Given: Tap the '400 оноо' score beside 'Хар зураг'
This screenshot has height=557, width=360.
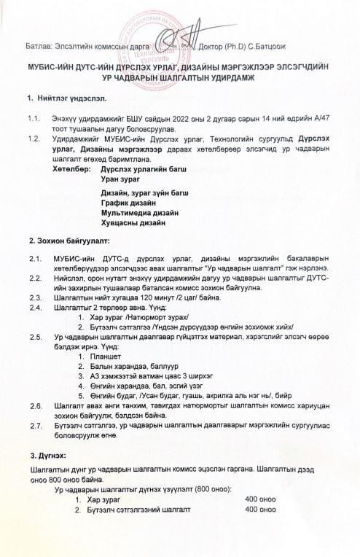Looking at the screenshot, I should (x=261, y=499).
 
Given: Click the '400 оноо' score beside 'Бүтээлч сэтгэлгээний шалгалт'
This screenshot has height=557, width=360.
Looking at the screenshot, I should (x=261, y=510).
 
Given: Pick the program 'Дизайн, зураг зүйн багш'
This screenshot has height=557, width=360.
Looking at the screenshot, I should (x=145, y=192).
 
